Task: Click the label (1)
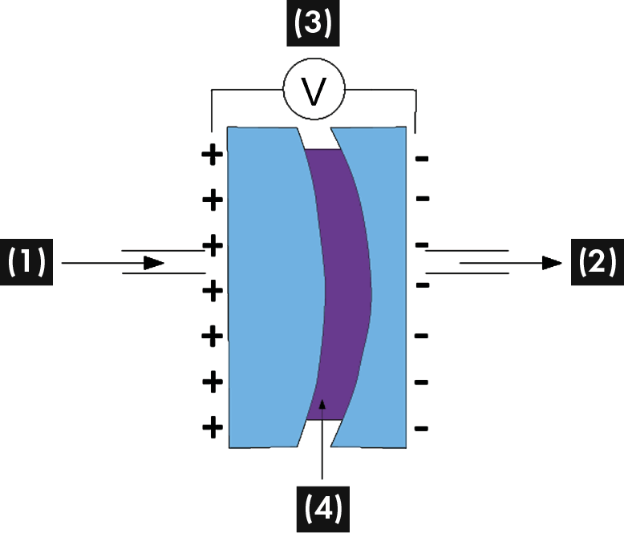[26, 262]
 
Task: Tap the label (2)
[596, 262]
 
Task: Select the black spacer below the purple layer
[321, 433]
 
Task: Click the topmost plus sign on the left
[213, 155]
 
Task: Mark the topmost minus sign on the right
[421, 159]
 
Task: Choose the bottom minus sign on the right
[421, 429]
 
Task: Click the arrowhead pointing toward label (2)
[552, 262]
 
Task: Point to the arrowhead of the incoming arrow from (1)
[157, 262]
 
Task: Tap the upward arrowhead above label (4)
[322, 405]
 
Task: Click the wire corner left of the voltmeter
[212, 91]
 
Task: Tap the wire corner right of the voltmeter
[414, 91]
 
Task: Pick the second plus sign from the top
[213, 199]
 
